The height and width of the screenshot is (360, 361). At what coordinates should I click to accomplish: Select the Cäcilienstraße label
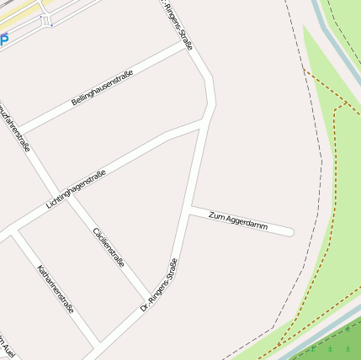pyautogui.click(x=109, y=246)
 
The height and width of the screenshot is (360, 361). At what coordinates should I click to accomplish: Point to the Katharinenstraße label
pyautogui.click(x=56, y=289)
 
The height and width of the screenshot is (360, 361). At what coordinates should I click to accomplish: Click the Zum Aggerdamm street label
pyautogui.click(x=237, y=221)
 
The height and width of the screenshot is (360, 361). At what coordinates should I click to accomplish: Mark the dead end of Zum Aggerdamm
pyautogui.click(x=289, y=231)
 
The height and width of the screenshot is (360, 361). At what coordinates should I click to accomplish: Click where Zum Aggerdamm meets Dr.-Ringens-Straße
pyautogui.click(x=190, y=209)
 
